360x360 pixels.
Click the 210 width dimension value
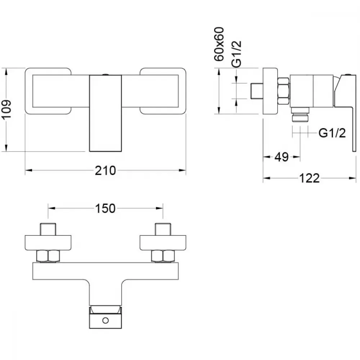105,171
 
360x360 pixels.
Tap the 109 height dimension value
6,109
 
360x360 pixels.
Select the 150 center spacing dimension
105,209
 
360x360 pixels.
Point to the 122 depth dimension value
309,179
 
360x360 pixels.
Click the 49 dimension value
282,157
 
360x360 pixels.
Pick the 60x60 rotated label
219,44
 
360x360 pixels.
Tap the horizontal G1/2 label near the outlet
332,133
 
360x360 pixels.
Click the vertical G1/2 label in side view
237,54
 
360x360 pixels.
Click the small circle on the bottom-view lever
105,320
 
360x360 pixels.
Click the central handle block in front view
105,113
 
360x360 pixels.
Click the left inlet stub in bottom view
48,229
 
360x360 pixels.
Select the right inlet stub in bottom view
163,229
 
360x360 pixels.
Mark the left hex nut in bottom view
48,256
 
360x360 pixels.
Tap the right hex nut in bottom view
163,256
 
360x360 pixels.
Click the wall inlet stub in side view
256,91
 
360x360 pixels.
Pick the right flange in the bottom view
163,243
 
